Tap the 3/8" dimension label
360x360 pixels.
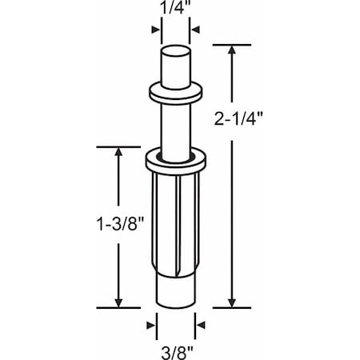(174, 349)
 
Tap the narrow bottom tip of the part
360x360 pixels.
(174, 292)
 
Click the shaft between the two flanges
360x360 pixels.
(174, 124)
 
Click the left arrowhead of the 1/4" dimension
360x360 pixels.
(155, 30)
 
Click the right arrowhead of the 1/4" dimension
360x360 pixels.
(194, 30)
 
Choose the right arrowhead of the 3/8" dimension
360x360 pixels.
(200, 326)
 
